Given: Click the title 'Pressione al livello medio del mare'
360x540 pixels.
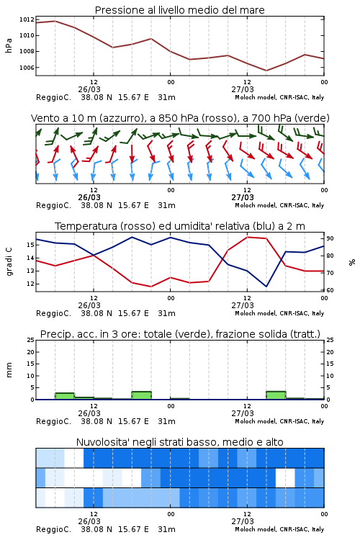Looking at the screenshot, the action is tap(179, 10).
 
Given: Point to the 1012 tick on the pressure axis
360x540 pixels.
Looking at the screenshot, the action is tap(27, 19).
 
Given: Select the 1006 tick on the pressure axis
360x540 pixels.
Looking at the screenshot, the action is tap(27, 68).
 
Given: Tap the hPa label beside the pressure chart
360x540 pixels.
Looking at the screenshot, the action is tap(9, 45).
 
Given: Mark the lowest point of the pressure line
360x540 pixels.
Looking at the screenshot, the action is tap(266, 71).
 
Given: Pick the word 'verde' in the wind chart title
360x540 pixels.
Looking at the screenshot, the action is tap(312, 118).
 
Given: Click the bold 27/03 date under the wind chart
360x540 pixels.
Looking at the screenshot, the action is tap(243, 197).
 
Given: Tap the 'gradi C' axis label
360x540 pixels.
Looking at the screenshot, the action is tap(9, 262).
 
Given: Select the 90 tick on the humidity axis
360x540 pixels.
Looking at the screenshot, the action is tap(330, 238).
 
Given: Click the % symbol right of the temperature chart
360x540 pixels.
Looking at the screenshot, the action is tap(352, 262).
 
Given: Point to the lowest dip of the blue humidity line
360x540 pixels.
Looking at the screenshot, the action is tap(266, 287).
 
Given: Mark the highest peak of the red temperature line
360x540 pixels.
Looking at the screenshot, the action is tap(247, 237).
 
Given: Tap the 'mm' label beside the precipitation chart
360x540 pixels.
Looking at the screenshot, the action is tap(9, 370).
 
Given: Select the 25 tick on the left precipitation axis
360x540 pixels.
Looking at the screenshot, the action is tap(31, 340).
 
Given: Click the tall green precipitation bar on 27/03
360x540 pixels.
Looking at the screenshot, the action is tap(276, 395).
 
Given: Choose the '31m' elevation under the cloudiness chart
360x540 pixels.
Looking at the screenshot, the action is tap(167, 529).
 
